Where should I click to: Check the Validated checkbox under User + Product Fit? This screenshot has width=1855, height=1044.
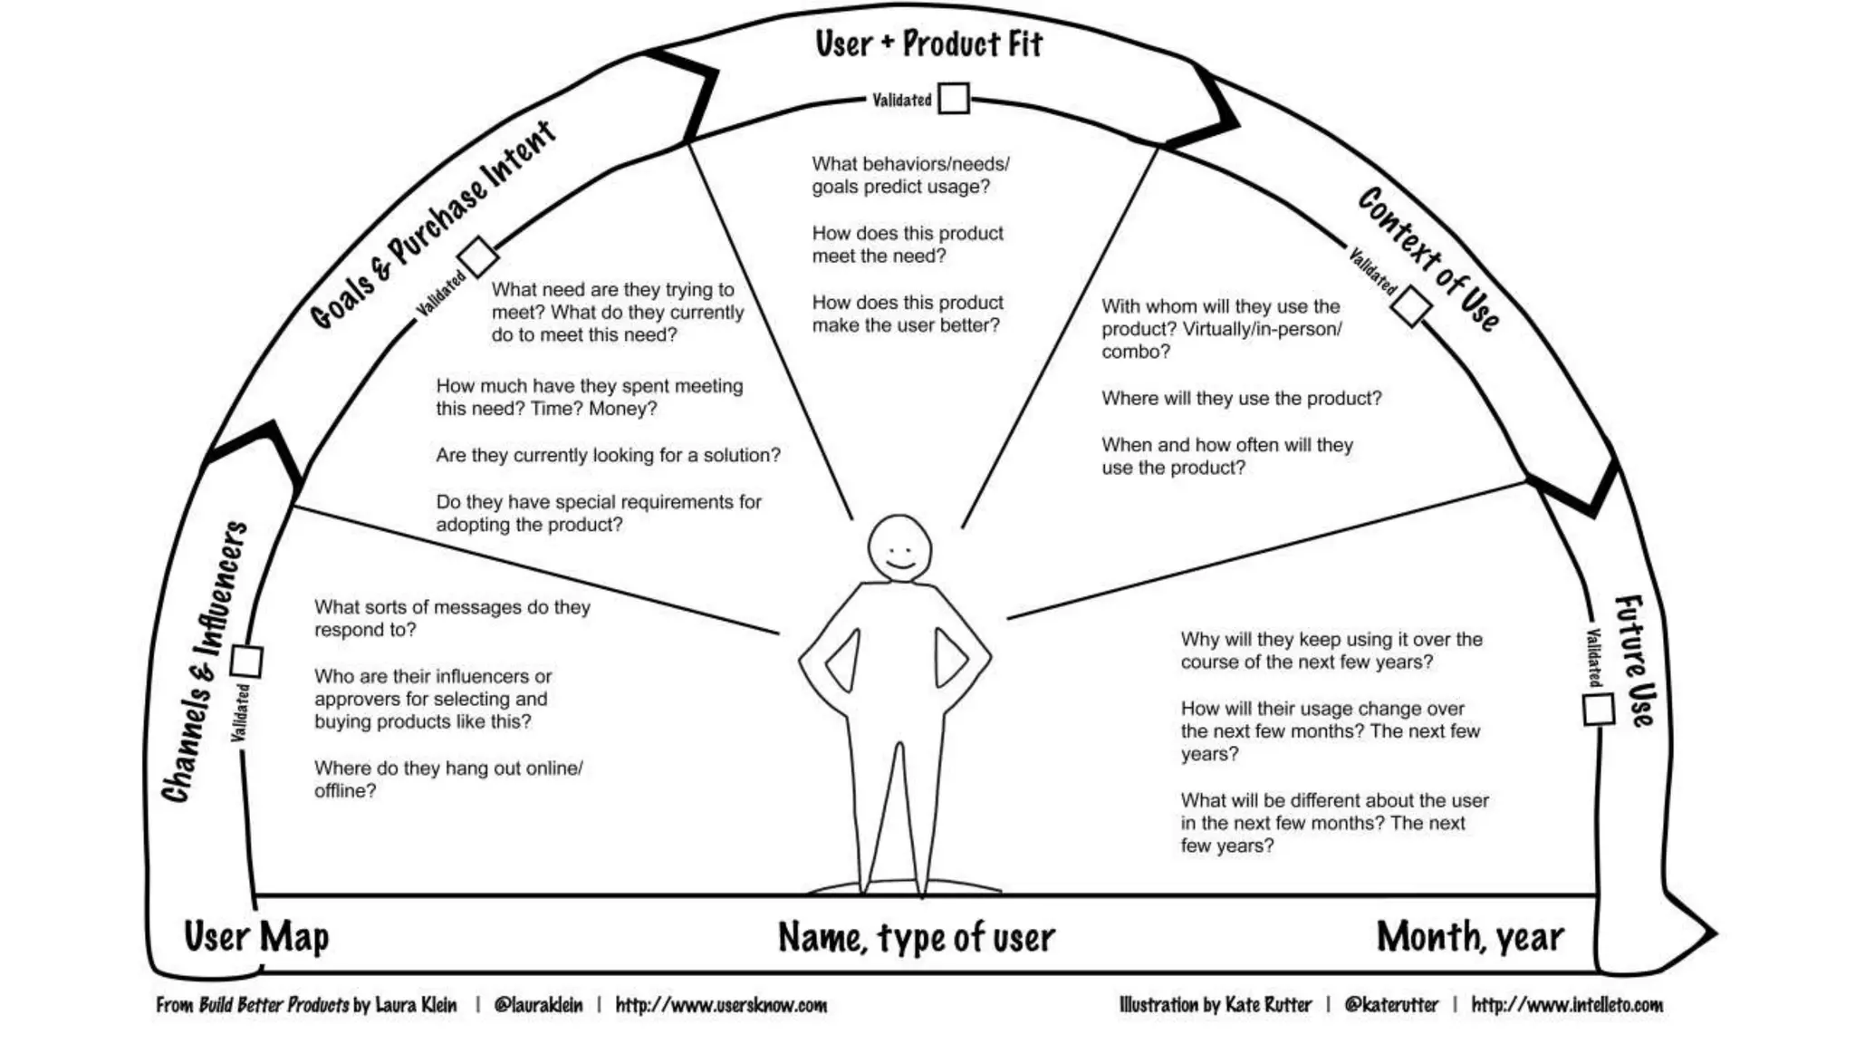[953, 98]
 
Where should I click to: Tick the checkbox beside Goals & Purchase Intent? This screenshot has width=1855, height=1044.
[477, 256]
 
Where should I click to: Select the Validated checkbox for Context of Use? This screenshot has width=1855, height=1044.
[1411, 308]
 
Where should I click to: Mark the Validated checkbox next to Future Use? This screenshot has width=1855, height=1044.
[1599, 709]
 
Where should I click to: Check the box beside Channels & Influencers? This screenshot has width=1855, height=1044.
[246, 662]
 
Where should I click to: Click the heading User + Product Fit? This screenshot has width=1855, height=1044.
[928, 43]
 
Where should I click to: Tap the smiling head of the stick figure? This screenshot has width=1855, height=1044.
[899, 548]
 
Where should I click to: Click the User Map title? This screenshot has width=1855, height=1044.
[256, 936]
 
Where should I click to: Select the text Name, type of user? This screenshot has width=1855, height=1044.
[917, 938]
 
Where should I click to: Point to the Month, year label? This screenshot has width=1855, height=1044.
[1470, 937]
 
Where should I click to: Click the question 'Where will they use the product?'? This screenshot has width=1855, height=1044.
[1241, 399]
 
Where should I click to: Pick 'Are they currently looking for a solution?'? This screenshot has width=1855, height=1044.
[608, 455]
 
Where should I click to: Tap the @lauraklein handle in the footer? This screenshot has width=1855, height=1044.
[538, 1005]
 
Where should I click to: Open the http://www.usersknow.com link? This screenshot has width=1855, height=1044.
[721, 1005]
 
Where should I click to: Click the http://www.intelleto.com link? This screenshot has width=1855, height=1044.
[1567, 1005]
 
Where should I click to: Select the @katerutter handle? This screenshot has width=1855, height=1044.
[1391, 1005]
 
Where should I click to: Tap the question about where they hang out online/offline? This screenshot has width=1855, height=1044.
[448, 779]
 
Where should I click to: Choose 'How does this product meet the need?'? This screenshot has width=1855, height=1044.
[908, 245]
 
